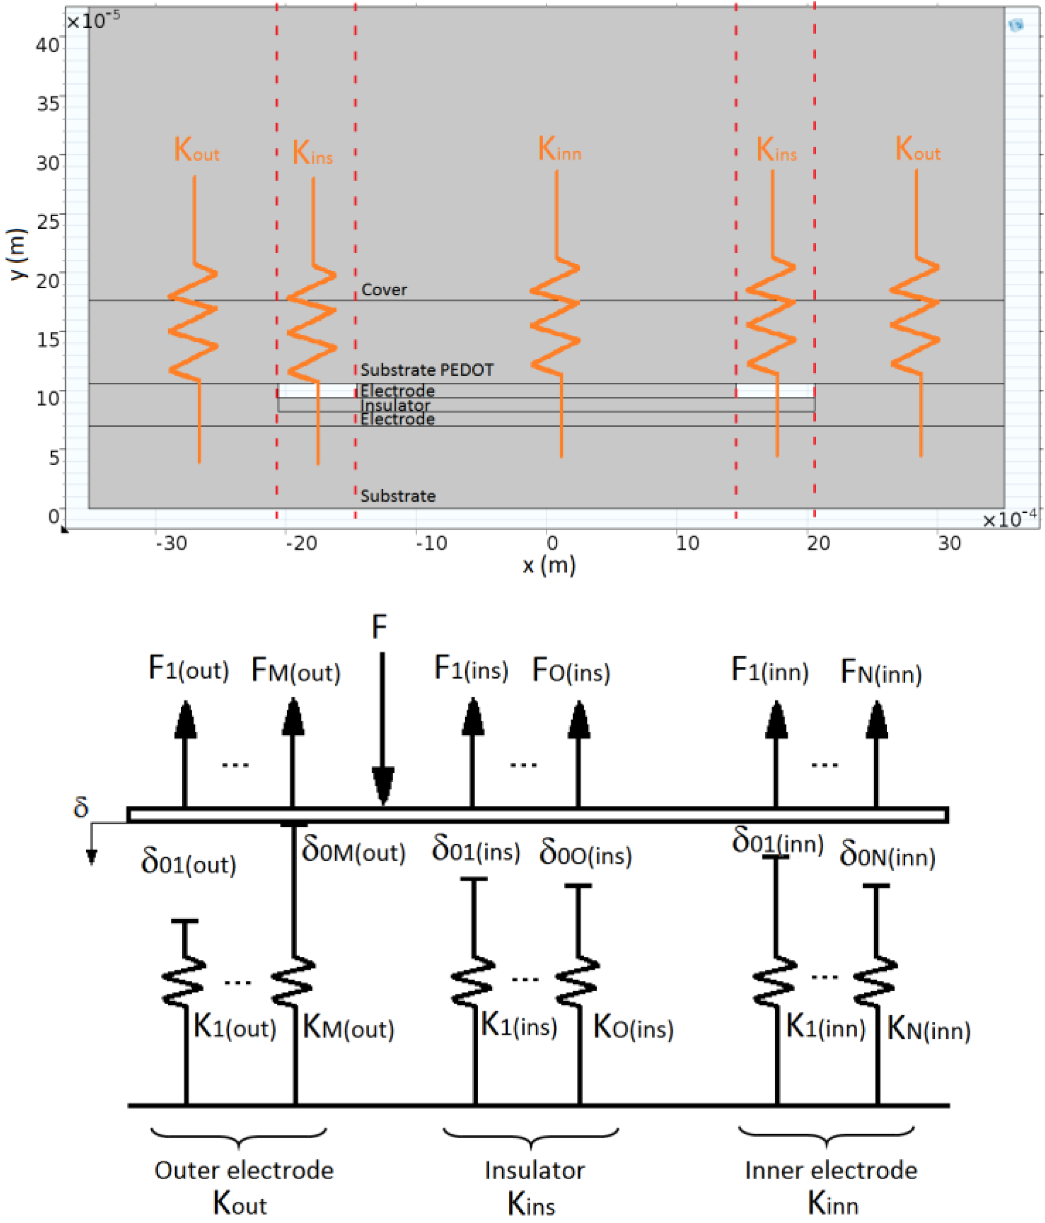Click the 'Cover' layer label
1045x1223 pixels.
pos(384,290)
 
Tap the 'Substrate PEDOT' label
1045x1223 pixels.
pos(427,370)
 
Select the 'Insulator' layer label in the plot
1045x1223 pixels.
pos(395,405)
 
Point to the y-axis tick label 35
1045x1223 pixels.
pos(49,104)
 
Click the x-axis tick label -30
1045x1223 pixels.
pos(171,543)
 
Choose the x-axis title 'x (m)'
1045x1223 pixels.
pos(549,566)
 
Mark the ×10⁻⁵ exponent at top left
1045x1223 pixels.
pos(93,21)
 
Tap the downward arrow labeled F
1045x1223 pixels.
pos(382,732)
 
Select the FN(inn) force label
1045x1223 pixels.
pos(880,672)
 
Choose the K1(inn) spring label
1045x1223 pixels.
pos(826,1027)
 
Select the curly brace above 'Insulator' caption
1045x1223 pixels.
pos(531,1136)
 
